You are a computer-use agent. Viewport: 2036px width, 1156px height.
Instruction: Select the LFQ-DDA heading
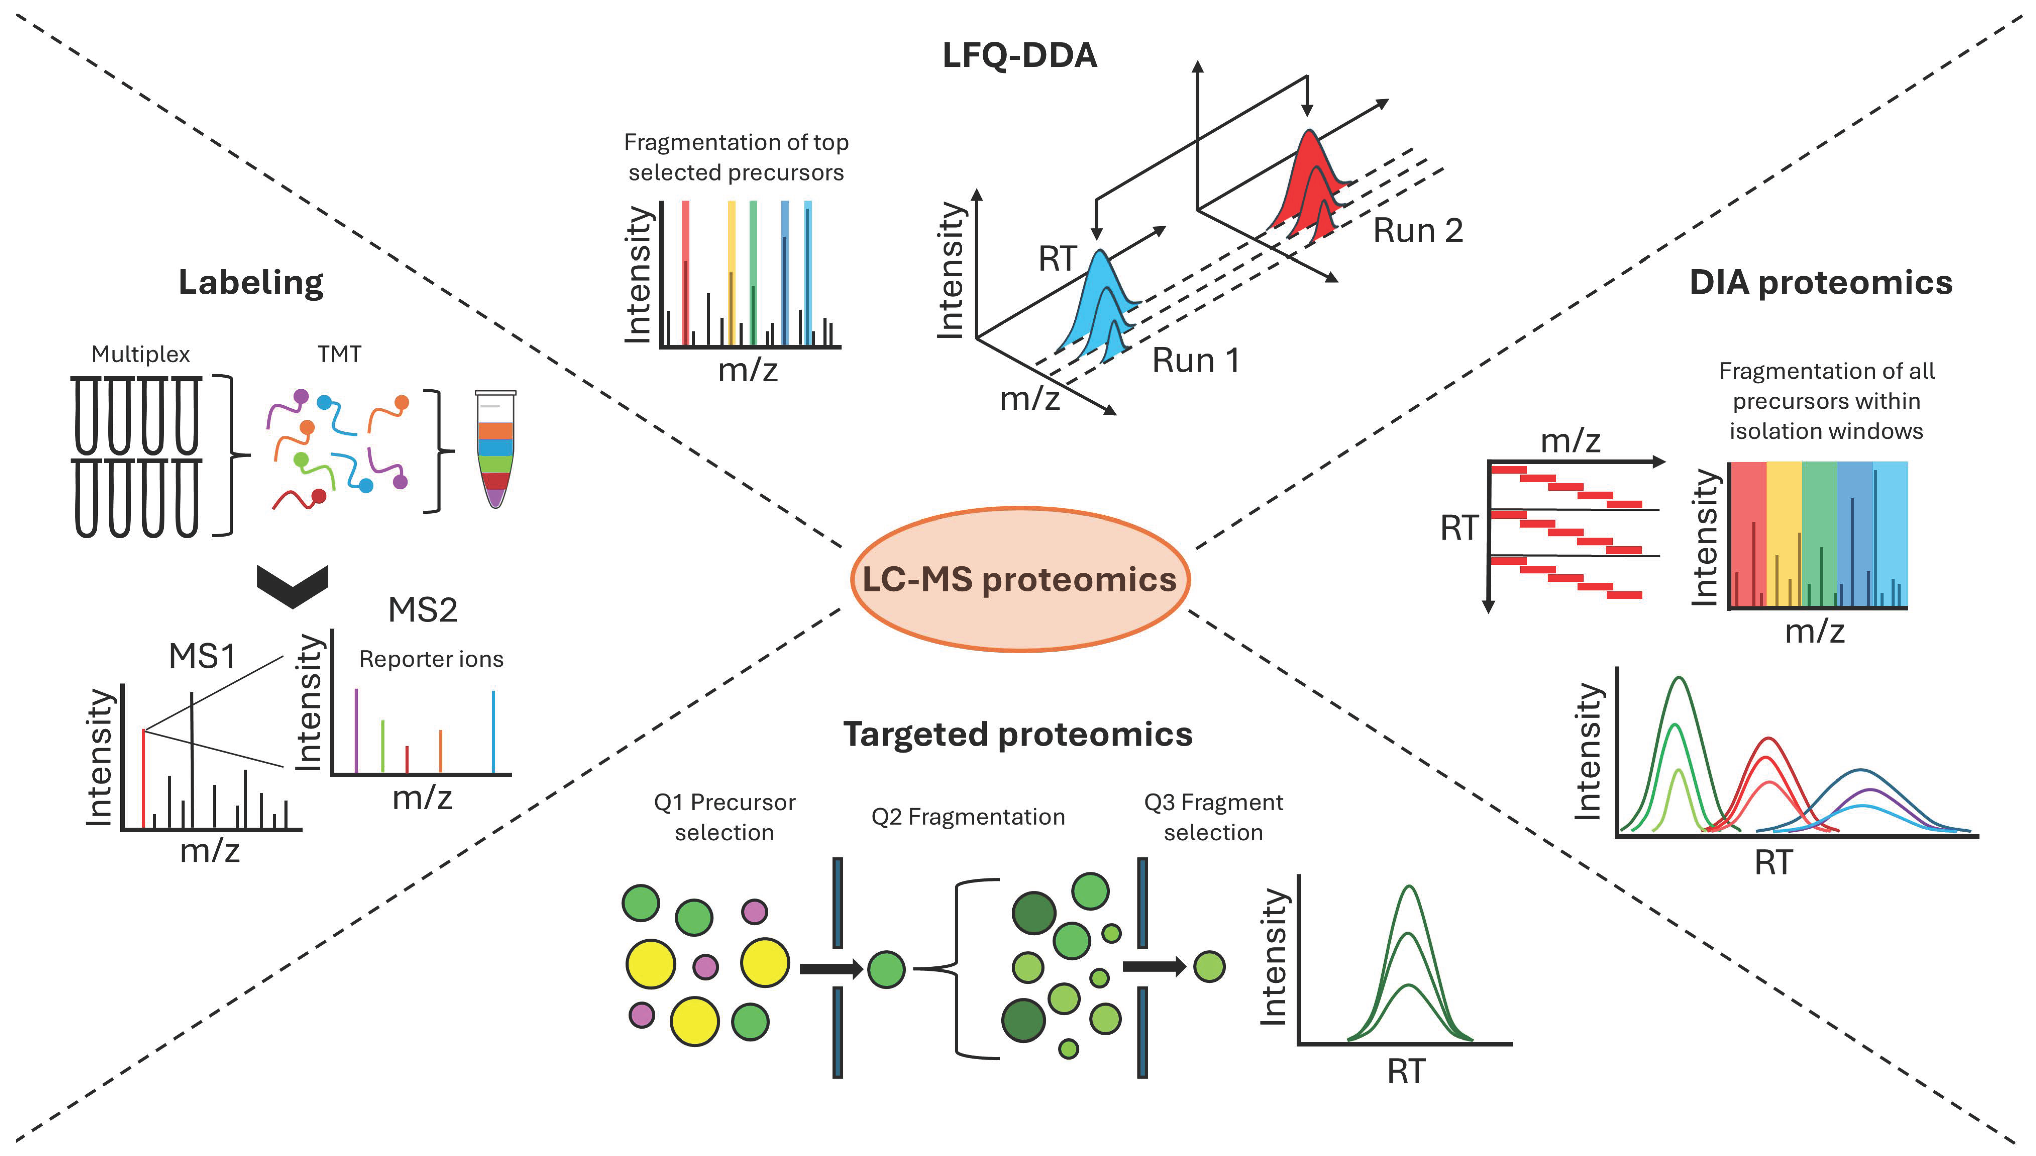coord(1019,55)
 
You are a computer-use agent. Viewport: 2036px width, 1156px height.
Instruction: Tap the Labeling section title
coord(251,283)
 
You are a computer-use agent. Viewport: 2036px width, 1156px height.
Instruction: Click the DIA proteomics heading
coord(1820,283)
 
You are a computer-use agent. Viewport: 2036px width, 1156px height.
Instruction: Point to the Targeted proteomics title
coord(1018,734)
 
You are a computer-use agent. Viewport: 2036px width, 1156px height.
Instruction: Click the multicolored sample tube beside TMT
coord(495,449)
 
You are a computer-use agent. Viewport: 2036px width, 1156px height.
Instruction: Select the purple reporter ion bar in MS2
coord(356,730)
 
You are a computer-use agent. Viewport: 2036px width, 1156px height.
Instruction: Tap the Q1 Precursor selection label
coord(724,817)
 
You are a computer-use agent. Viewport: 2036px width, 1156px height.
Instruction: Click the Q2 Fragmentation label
coord(968,817)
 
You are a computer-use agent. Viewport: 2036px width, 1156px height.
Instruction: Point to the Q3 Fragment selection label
coord(1213,817)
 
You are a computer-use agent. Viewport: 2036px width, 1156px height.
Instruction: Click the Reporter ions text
coord(431,659)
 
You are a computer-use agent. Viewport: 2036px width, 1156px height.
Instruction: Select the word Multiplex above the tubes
coord(141,354)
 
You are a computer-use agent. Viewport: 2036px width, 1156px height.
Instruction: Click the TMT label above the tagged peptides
coord(339,354)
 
